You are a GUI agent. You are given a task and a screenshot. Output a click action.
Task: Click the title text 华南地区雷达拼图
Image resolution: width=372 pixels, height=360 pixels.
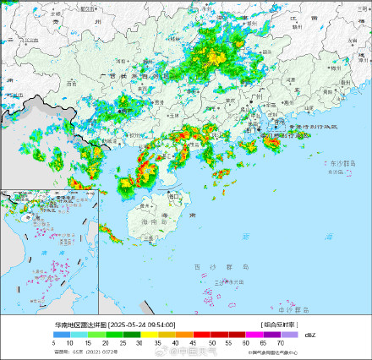(80, 325)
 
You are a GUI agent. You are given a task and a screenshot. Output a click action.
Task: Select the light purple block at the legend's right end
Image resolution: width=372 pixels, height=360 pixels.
(289, 335)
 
